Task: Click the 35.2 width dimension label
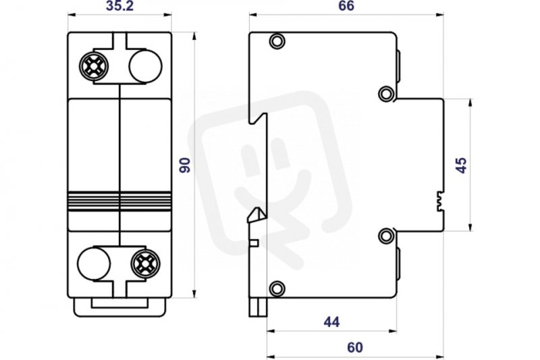(119, 6)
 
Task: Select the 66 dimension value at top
(346, 6)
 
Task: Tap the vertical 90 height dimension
(185, 165)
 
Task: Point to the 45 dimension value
(461, 165)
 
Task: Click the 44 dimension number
(331, 322)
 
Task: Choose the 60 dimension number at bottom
(355, 348)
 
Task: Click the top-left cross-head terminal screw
(94, 66)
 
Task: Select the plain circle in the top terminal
(145, 66)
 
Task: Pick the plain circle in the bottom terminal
(94, 264)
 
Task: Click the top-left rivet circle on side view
(277, 41)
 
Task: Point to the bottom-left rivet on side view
(277, 288)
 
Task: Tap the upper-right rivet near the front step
(386, 94)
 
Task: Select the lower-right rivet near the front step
(386, 236)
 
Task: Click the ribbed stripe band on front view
(119, 201)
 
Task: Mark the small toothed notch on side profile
(440, 201)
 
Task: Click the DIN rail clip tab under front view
(119, 307)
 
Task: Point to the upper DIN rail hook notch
(259, 118)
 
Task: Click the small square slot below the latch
(254, 243)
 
